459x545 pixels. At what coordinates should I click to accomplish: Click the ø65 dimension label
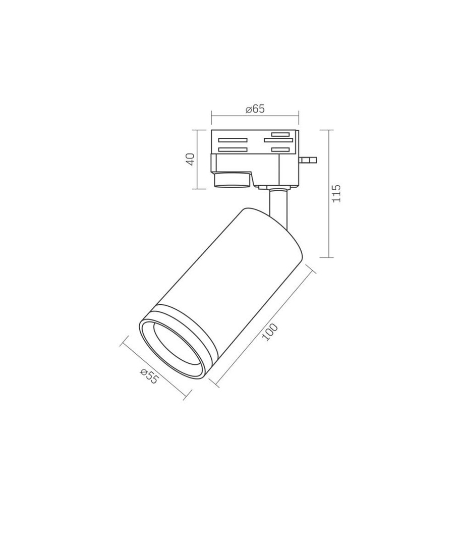click(x=255, y=109)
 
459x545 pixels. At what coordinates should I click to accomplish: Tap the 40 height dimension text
click(x=191, y=159)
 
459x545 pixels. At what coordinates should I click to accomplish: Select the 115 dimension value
click(x=336, y=194)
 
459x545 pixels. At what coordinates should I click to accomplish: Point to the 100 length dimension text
click(x=270, y=332)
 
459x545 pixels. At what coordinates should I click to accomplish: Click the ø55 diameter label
click(x=149, y=376)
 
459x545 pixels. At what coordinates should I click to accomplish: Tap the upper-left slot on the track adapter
click(x=233, y=140)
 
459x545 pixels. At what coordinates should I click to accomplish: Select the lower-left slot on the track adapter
click(x=233, y=150)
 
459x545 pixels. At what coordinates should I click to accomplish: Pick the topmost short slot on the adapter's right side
click(x=281, y=134)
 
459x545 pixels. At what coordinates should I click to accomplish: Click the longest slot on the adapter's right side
click(x=278, y=140)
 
